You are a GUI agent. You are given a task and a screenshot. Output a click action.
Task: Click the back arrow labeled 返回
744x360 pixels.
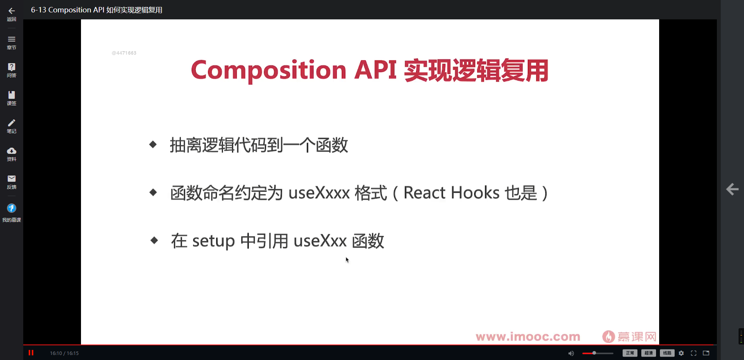[x=12, y=11]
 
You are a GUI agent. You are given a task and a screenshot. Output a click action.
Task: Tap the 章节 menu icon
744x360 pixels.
[x=12, y=39]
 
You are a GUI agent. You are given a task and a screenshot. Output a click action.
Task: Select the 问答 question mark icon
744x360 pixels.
[x=12, y=67]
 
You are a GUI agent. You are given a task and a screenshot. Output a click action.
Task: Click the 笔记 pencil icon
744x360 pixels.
[x=12, y=123]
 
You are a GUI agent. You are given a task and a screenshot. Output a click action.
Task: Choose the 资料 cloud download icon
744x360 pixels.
[x=12, y=151]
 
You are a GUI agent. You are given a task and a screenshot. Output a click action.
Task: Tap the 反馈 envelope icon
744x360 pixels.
[x=12, y=179]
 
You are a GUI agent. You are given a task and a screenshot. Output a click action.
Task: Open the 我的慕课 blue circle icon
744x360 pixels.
[x=12, y=208]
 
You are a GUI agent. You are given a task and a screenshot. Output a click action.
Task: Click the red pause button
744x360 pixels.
[x=31, y=353]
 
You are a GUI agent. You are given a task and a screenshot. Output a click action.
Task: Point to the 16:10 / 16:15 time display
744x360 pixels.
[x=64, y=353]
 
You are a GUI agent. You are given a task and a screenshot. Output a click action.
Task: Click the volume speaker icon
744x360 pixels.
[x=571, y=353]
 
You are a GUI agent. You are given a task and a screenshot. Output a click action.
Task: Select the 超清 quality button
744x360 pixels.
[x=649, y=353]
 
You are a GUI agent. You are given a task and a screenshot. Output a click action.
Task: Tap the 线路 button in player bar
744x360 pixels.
[x=667, y=353]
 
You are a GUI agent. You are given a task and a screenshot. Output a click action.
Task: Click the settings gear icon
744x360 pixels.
[x=681, y=353]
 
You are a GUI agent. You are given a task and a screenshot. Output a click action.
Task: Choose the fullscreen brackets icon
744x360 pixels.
[x=694, y=353]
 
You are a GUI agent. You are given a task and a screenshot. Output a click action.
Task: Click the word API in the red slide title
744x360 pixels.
[x=375, y=70]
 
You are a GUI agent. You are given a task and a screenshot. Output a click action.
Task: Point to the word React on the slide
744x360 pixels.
[x=424, y=193]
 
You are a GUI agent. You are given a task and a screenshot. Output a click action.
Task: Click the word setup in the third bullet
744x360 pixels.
[x=214, y=241]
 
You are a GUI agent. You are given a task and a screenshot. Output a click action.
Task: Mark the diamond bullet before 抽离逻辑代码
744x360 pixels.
[x=153, y=145]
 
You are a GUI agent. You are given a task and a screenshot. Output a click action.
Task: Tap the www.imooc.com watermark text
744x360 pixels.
[x=528, y=337]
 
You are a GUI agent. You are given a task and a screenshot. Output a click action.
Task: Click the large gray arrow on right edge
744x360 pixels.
[x=732, y=189]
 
